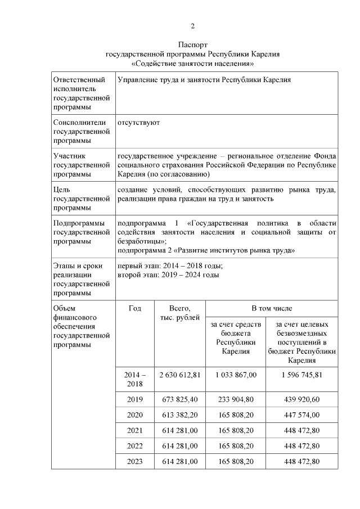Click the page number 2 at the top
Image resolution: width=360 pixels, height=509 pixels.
(193, 26)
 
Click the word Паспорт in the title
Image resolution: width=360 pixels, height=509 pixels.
(193, 44)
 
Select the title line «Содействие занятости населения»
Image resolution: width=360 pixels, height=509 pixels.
(193, 64)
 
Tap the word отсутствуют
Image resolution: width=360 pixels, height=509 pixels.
(138, 122)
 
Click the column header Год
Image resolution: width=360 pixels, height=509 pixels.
(135, 308)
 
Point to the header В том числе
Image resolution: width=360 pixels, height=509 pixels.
(271, 308)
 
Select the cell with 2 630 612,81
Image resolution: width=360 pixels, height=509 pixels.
(179, 375)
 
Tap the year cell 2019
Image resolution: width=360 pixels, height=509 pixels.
(135, 399)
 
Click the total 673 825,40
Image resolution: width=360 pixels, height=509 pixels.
(179, 399)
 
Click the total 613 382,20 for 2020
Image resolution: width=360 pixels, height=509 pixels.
(179, 415)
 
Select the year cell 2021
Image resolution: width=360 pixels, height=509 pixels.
(135, 430)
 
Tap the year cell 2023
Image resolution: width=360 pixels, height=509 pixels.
(135, 461)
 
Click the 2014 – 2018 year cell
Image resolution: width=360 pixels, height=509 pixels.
(135, 379)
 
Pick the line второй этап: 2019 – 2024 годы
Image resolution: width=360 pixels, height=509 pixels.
(168, 275)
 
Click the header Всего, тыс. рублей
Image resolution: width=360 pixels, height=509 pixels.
(179, 313)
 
